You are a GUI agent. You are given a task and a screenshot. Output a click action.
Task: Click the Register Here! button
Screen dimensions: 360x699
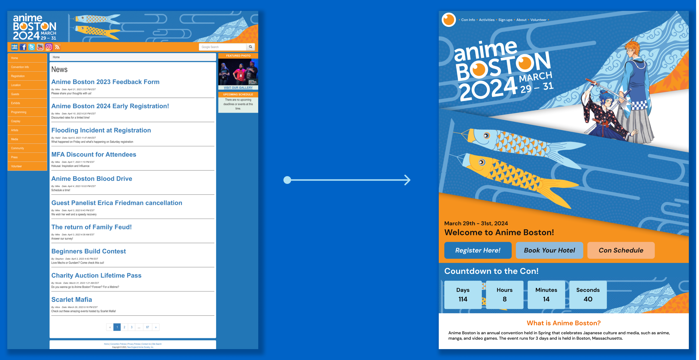pos(478,250)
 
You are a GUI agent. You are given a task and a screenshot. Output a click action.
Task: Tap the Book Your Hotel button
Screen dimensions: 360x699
pos(549,250)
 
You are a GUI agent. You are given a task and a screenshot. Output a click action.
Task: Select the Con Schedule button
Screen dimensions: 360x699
pos(621,250)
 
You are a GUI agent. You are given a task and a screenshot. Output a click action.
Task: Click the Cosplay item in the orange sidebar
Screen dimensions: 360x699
pos(16,121)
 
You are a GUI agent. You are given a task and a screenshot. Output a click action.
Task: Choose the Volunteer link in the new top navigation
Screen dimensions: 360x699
pos(538,20)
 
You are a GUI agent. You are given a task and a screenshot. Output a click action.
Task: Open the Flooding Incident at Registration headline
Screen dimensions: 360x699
pos(101,130)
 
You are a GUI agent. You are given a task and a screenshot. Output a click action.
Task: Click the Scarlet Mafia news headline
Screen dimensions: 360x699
pos(72,300)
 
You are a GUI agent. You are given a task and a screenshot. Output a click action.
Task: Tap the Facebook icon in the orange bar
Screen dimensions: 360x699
pos(23,47)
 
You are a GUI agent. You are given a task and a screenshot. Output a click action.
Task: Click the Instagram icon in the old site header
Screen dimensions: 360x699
pos(48,47)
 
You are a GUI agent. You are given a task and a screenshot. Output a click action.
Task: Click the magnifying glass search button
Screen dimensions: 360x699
pos(250,47)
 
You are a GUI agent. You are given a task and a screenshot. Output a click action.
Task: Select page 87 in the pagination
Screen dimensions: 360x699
pos(147,327)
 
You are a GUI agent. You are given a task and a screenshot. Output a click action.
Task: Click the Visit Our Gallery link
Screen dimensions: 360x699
pos(238,88)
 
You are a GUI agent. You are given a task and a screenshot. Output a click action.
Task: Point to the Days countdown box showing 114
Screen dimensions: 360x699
pos(463,295)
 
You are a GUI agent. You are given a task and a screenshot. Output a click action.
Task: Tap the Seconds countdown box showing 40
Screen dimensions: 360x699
pos(588,295)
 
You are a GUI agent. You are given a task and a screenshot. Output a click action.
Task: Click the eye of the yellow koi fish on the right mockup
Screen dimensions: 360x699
pos(482,162)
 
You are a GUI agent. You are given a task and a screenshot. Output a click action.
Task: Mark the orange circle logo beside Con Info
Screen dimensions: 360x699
pos(449,20)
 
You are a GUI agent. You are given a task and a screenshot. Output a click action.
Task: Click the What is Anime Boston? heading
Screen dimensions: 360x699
pos(563,323)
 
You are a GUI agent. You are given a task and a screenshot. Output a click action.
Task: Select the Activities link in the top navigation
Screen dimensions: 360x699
pos(487,20)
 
